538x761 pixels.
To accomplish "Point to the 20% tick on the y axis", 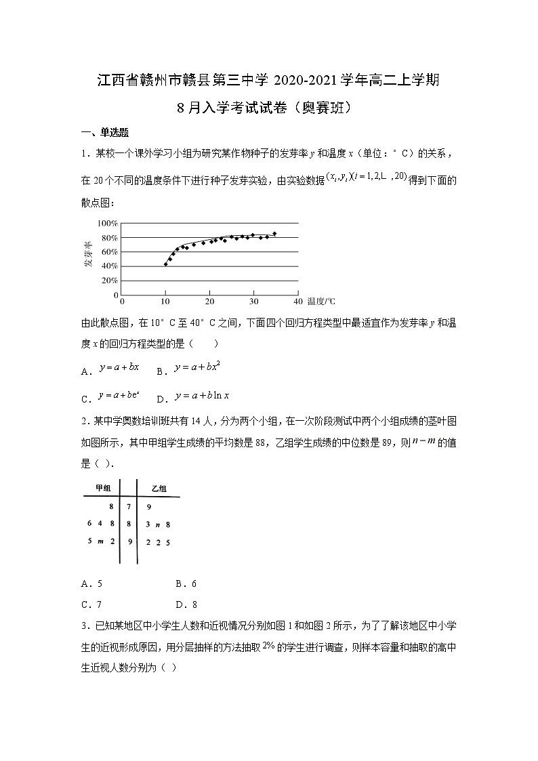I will point(109,281).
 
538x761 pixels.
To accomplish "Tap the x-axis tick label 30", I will point(253,301).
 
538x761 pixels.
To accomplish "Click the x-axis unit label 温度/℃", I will point(320,301).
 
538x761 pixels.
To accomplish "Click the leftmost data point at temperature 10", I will point(165,264).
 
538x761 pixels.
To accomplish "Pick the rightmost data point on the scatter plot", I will point(274,234).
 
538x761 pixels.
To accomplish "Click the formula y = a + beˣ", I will point(119,396).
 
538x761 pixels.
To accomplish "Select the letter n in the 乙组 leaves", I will point(157,525).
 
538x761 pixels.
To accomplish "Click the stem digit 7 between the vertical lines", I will point(128,506).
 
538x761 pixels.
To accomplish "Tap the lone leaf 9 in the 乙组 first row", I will point(148,506).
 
